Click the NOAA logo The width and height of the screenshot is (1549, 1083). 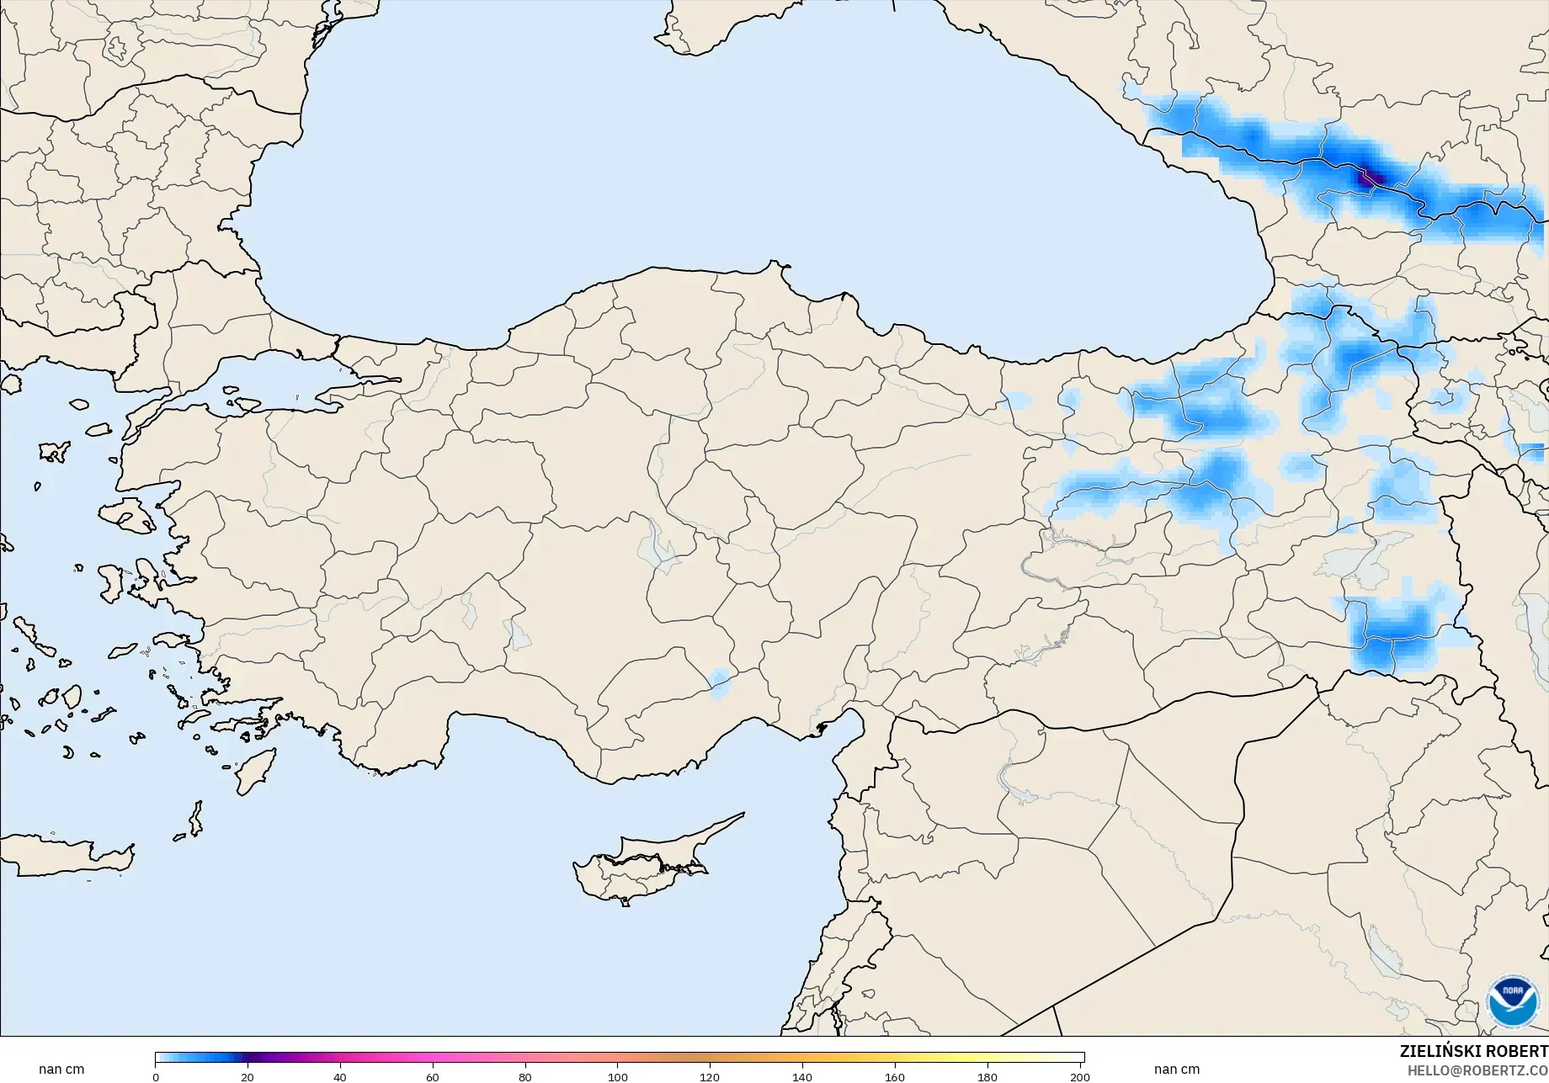[1512, 1001]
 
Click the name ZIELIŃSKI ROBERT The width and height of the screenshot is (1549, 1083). [1473, 1051]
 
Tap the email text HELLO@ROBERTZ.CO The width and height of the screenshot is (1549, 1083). [1477, 1070]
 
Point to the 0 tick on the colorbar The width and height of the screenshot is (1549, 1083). [156, 1077]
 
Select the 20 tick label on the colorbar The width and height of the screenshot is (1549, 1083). [247, 1077]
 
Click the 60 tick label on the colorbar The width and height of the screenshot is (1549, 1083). [432, 1077]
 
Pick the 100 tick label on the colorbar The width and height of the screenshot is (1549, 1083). [617, 1077]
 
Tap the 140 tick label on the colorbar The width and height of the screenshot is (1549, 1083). [802, 1077]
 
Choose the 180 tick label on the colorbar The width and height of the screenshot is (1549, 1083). [987, 1077]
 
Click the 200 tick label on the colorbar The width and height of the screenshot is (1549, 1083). [1079, 1077]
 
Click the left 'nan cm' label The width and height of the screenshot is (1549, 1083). [61, 1070]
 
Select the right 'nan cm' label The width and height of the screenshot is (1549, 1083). [1176, 1070]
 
